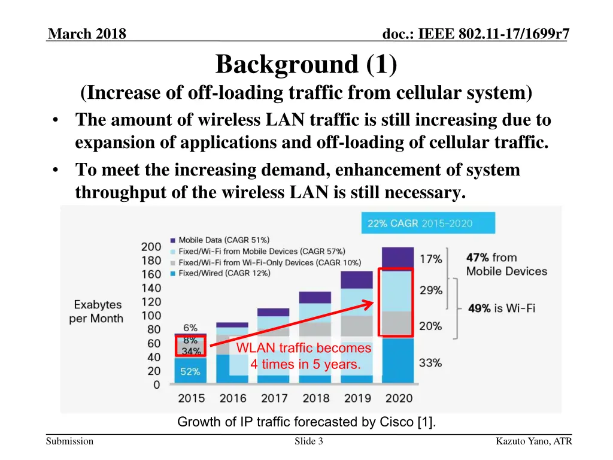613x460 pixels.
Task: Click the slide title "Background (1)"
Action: [x=306, y=65]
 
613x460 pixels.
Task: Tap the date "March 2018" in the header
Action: [x=87, y=34]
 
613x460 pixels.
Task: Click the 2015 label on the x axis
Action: [x=191, y=398]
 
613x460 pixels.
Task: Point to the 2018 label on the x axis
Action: [x=315, y=398]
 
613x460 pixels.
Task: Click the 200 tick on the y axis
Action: [x=151, y=247]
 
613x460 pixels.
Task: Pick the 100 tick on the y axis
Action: [x=151, y=316]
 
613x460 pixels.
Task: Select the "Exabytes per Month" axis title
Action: [x=96, y=312]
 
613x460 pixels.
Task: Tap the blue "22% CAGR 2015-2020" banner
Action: [x=427, y=223]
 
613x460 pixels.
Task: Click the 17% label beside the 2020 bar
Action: [x=431, y=259]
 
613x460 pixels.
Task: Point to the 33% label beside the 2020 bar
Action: [x=431, y=362]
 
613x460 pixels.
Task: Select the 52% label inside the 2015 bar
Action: [x=190, y=371]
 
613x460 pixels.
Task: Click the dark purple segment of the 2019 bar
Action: [x=357, y=280]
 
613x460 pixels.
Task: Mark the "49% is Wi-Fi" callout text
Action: [x=501, y=308]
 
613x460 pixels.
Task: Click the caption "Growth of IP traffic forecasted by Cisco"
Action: [x=306, y=422]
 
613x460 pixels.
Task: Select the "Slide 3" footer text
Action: [x=309, y=442]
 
